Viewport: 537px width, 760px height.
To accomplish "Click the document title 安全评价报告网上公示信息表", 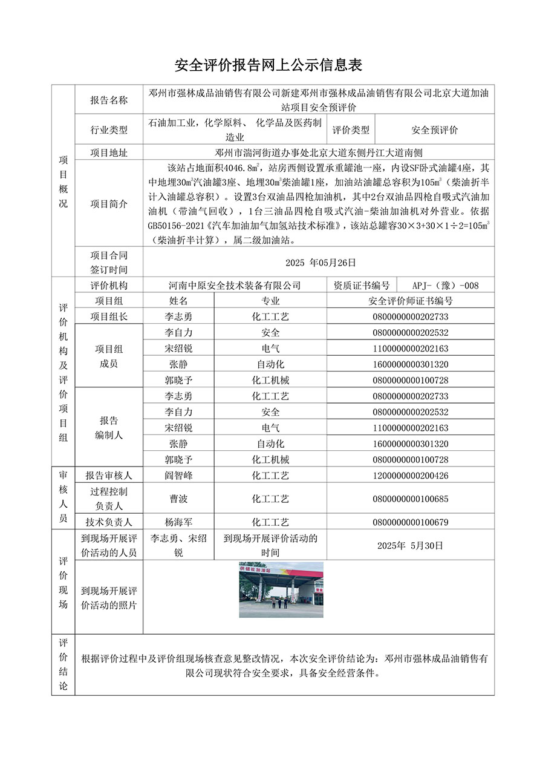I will click(268, 65).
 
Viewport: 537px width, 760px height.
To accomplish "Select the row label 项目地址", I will click(109, 153).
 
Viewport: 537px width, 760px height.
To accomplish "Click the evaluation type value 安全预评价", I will click(434, 129).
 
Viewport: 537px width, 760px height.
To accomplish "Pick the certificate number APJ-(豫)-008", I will click(445, 286).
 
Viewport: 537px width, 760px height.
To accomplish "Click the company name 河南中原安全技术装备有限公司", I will click(235, 286).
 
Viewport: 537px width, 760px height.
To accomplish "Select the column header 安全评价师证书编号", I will click(410, 301).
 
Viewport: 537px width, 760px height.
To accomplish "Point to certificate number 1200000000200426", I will click(411, 476).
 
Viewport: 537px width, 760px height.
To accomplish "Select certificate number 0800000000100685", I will click(411, 499).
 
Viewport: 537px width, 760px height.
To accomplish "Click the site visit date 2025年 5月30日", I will click(410, 545).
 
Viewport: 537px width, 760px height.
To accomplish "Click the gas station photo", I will click(281, 590).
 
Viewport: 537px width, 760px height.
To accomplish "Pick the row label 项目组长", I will click(109, 316).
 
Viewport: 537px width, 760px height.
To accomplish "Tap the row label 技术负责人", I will click(109, 522).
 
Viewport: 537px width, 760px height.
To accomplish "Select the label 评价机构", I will click(109, 286).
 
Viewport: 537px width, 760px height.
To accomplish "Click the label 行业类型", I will click(109, 129).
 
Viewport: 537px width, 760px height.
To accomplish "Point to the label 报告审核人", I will click(109, 476).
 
